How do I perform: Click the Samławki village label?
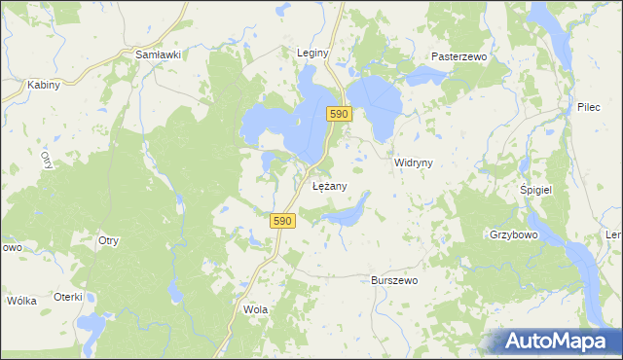159,55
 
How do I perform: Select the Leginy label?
313,53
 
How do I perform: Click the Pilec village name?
589,105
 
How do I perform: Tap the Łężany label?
329,185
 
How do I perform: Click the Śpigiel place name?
536,190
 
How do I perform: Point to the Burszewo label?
394,280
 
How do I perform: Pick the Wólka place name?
21,301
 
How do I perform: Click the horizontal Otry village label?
108,240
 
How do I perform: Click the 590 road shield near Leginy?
338,114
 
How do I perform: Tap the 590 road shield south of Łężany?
282,221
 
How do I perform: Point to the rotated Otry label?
46,161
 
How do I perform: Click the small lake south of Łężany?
347,213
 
